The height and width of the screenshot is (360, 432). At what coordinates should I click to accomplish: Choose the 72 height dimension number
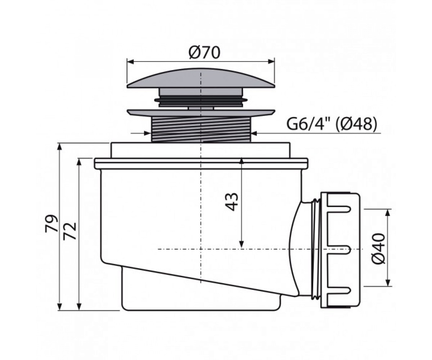coord(70,231)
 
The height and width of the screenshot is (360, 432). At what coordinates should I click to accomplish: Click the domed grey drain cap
coord(201,78)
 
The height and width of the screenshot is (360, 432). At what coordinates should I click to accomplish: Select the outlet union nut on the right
coord(340,250)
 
